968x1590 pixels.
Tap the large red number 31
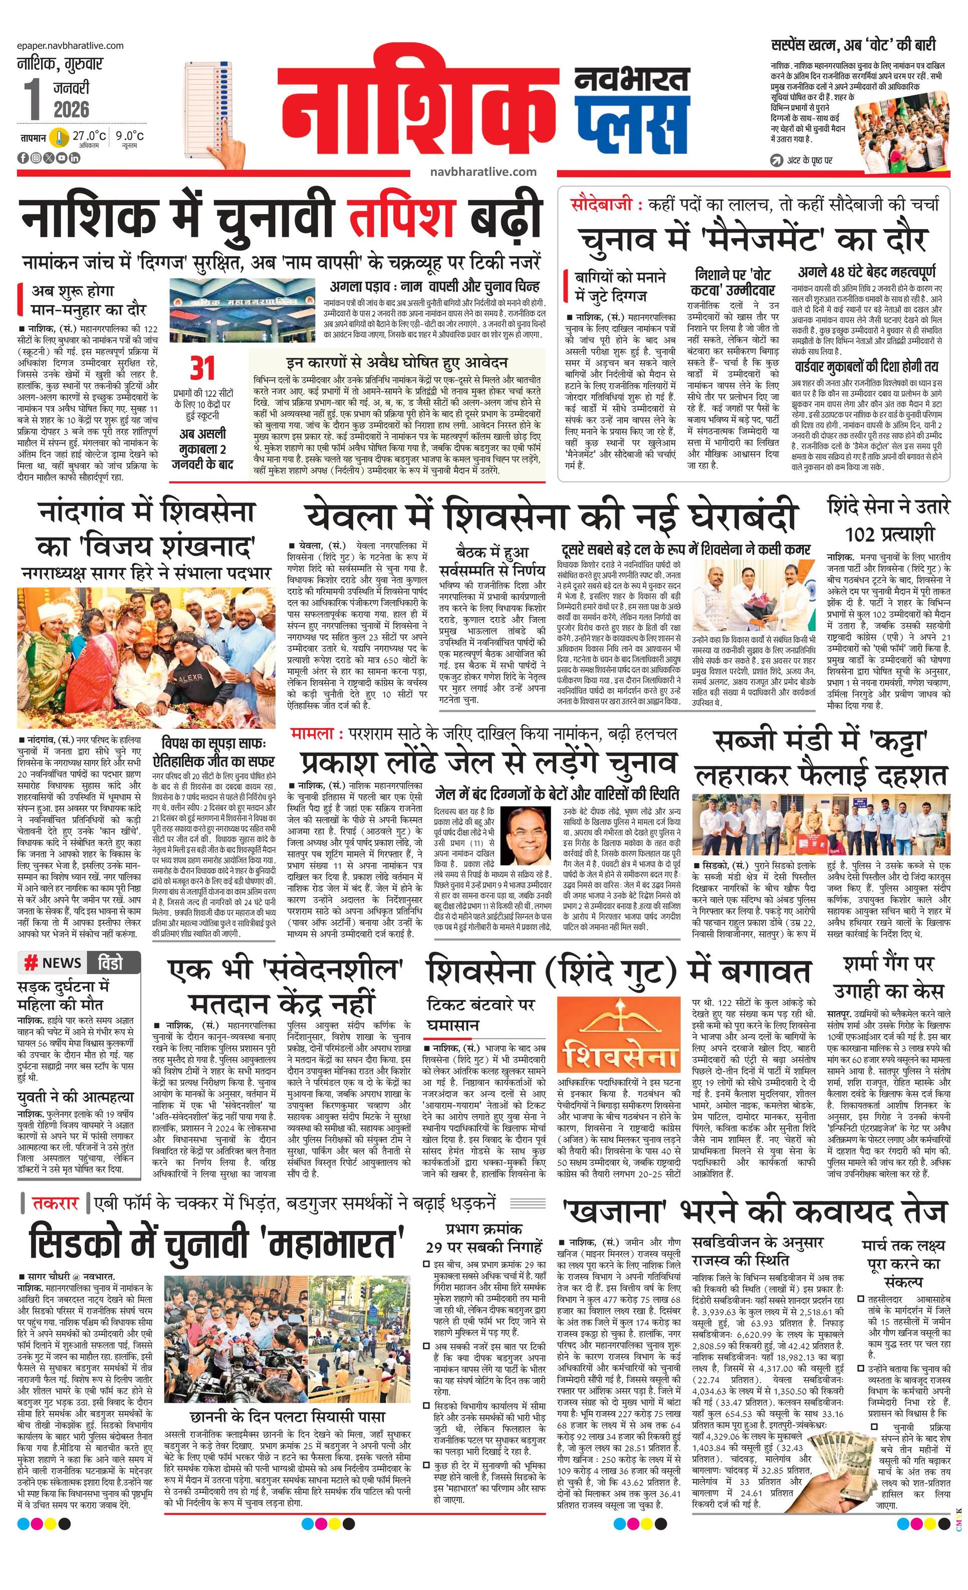[201, 368]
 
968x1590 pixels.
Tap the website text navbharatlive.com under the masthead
[483, 171]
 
